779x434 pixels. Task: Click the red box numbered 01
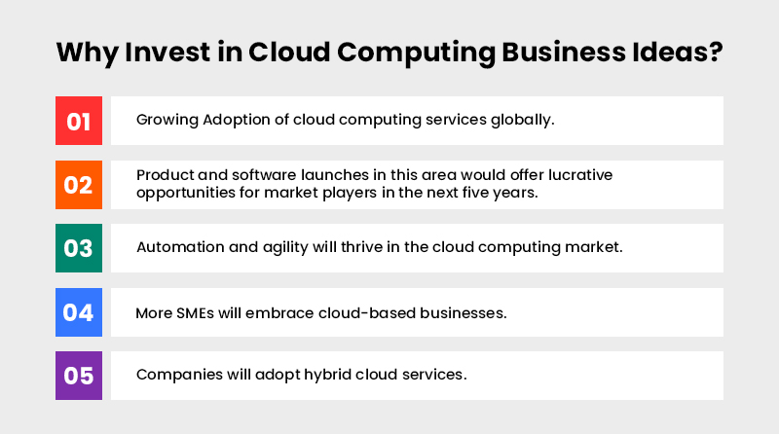(x=79, y=121)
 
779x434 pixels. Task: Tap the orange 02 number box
(x=79, y=184)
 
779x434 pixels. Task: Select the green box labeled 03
(x=79, y=248)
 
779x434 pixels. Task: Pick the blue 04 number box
(x=79, y=312)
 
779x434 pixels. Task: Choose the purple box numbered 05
(x=79, y=376)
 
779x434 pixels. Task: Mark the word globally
(x=522, y=121)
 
